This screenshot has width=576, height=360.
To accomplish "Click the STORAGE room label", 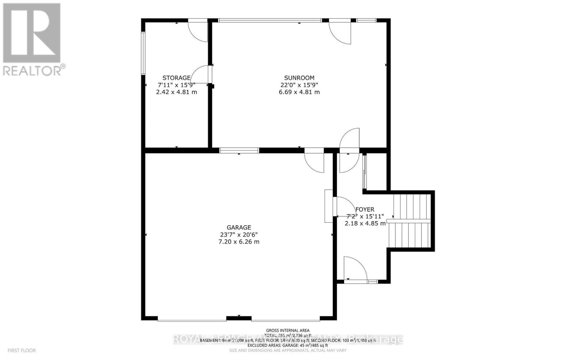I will [x=176, y=78].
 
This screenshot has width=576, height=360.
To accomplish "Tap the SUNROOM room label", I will [x=299, y=78].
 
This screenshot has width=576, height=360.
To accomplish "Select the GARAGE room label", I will [x=239, y=228].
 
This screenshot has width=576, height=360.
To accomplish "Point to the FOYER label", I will [x=365, y=210].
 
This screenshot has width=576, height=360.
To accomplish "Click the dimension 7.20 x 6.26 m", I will [x=239, y=242].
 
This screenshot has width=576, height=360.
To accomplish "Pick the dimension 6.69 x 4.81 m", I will [x=299, y=92].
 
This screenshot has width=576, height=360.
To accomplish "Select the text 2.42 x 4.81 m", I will [x=176, y=92].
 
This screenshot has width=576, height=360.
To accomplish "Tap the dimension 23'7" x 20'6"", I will [x=239, y=234].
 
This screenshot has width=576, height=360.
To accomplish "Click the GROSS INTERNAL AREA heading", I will [x=287, y=330].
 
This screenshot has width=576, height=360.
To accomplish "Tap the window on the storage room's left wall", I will [x=143, y=53].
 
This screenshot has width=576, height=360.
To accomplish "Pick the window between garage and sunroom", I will [x=239, y=150].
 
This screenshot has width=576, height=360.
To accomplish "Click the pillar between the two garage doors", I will [x=239, y=318].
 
